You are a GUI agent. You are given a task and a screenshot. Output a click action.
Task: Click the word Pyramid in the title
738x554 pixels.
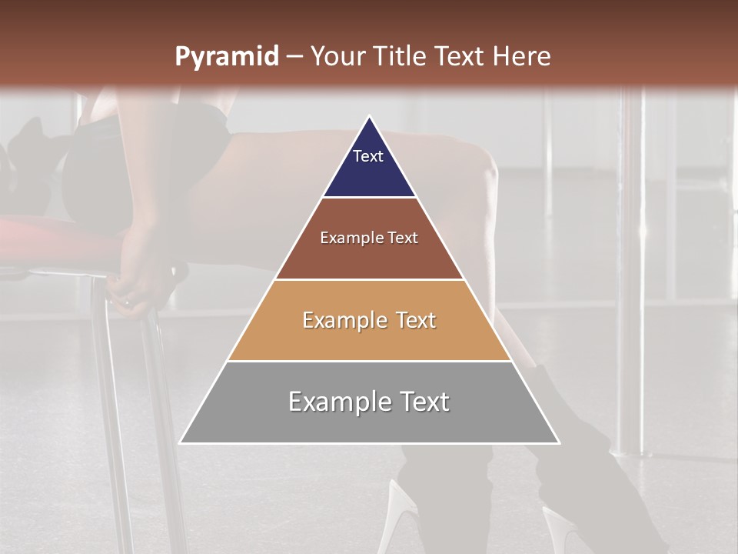tap(226, 57)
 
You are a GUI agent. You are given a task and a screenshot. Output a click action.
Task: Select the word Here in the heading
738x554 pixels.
tap(522, 56)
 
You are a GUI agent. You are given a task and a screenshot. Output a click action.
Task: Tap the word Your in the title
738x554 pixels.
tap(339, 56)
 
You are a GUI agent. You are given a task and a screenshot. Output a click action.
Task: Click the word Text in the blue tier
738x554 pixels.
tap(368, 156)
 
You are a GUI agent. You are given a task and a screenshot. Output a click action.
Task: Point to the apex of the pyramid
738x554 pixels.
tap(369, 117)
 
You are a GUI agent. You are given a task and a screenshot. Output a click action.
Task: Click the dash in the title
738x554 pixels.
tap(294, 57)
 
